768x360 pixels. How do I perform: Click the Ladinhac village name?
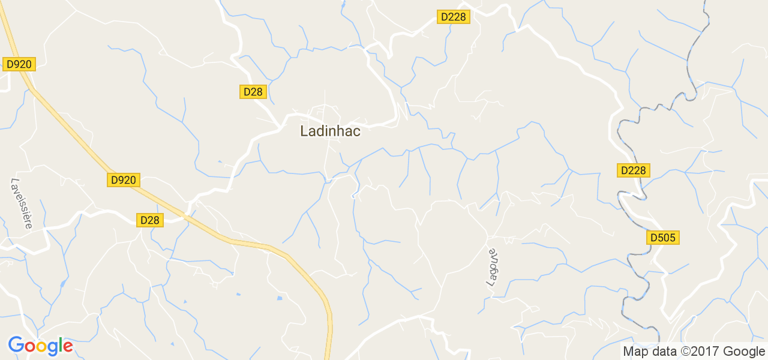pos(330,131)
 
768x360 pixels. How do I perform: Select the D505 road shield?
pos(663,238)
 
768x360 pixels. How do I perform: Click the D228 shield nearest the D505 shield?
pos(633,170)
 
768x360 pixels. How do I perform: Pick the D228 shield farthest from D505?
pos(453,17)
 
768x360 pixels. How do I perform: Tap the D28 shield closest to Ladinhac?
pos(253,91)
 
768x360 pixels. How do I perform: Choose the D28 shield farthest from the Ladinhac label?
pos(149,220)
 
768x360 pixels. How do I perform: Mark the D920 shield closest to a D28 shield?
pos(124,179)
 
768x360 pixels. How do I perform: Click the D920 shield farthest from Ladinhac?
pos(19,64)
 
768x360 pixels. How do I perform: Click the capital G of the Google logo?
pos(16,346)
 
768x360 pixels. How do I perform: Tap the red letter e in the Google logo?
pos(67,347)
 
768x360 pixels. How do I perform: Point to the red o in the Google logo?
pos(29,347)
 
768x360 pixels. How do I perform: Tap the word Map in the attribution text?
pos(635,352)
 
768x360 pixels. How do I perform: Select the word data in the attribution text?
pos(662,352)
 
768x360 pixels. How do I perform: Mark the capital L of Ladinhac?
pos(304,131)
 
